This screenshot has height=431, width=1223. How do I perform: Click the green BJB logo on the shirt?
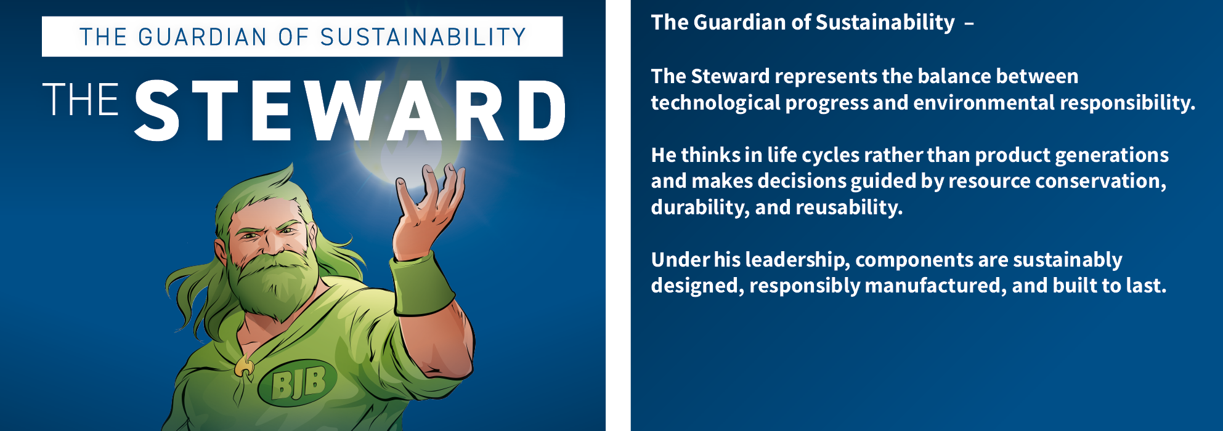click(298, 383)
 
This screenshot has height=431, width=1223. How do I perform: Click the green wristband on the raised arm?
click(423, 284)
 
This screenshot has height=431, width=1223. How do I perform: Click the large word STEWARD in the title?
click(350, 111)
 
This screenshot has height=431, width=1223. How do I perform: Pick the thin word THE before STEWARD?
click(81, 100)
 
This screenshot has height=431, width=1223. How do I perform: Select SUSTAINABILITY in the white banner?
click(423, 37)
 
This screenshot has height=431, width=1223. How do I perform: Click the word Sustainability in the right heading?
click(885, 23)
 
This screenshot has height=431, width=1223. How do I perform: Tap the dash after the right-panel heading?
click(969, 24)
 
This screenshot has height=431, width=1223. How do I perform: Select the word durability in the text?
click(700, 207)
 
